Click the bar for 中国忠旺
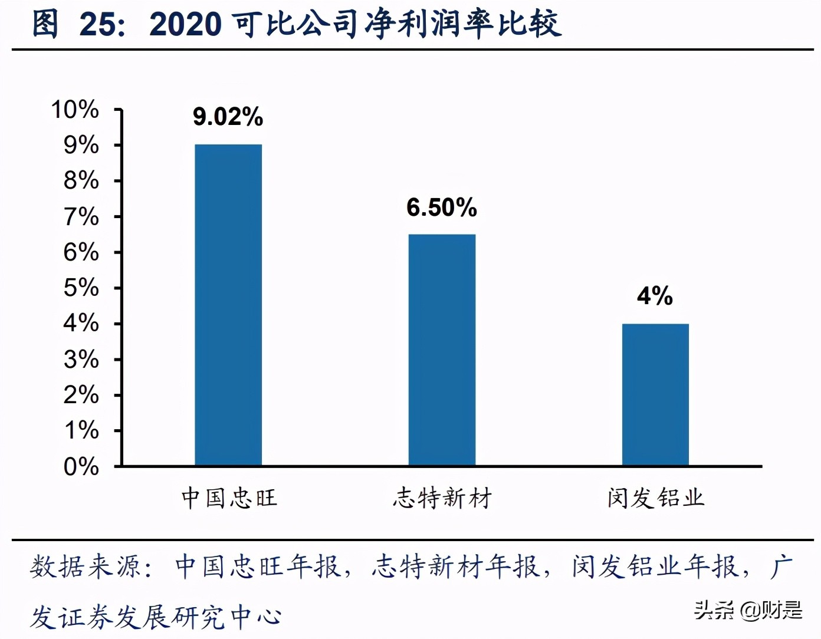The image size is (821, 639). point(228,305)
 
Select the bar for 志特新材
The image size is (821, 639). point(442,350)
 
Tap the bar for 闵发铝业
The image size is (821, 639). point(655,395)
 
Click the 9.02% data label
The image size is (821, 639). point(228,117)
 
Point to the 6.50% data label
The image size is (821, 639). point(441,207)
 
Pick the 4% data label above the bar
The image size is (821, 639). point(655,296)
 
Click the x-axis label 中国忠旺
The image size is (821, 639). point(229,498)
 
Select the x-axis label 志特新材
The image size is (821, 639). point(442,498)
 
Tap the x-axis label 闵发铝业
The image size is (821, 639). point(656,498)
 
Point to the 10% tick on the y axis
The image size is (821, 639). point(75,110)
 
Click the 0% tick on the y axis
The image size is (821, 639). point(81,467)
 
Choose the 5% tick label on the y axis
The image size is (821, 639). point(81,288)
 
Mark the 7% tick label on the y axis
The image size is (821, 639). point(81,217)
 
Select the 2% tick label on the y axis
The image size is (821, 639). point(81,395)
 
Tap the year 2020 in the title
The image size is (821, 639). point(185,25)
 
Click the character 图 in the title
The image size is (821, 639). point(45,25)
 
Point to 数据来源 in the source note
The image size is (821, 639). point(86,567)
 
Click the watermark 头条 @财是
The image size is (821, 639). point(748,610)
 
